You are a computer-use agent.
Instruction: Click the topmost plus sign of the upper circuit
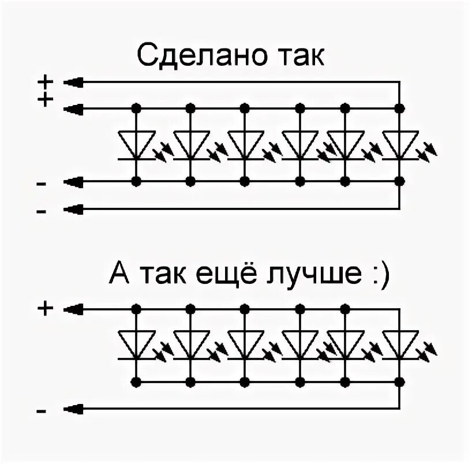(44, 83)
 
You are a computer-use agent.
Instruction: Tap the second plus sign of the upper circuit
(44, 100)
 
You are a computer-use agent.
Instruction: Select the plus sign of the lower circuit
(44, 309)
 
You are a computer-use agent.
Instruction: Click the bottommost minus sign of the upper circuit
(42, 212)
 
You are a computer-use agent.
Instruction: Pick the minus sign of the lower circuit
(42, 411)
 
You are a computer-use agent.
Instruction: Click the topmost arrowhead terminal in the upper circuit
(73, 83)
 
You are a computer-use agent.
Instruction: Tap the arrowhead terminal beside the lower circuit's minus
(73, 410)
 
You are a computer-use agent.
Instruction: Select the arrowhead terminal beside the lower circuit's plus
(73, 310)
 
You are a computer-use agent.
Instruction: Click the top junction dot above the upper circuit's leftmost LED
(136, 108)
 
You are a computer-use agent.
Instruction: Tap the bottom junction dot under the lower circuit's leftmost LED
(136, 381)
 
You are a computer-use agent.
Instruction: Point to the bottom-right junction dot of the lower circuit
(400, 381)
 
